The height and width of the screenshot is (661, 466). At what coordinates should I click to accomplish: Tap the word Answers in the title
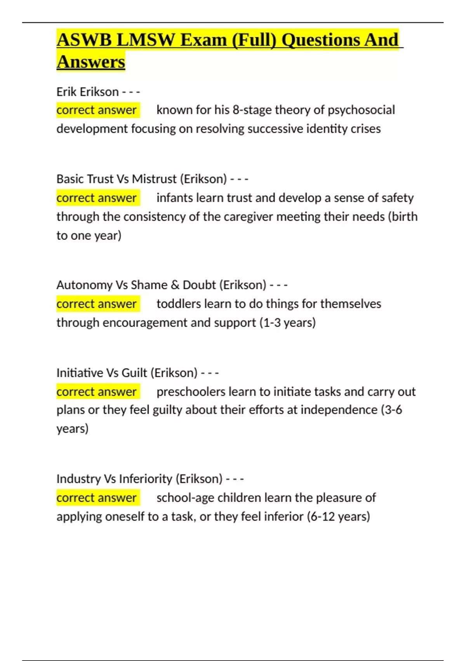[91, 62]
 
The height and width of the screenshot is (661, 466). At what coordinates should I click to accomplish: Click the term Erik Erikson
[87, 92]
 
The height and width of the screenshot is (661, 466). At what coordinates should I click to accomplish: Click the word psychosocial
[361, 110]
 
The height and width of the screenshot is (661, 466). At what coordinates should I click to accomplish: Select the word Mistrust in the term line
[154, 179]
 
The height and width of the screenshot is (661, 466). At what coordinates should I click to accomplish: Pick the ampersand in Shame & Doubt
[175, 285]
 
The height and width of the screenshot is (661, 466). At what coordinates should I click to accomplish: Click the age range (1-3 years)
[287, 323]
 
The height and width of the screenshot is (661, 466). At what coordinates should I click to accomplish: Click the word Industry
[78, 479]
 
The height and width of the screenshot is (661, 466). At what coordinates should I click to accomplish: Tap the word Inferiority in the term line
[146, 479]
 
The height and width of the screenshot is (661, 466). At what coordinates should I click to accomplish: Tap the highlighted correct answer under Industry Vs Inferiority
[96, 498]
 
